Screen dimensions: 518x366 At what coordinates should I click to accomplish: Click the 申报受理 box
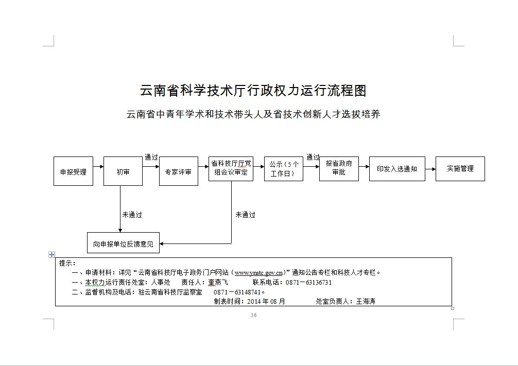73,171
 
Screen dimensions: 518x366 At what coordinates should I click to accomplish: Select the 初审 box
123,171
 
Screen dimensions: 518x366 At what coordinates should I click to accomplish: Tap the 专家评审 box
178,171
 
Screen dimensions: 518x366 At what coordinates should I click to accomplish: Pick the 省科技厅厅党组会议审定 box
231,169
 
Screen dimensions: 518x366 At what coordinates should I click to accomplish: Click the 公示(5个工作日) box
283,169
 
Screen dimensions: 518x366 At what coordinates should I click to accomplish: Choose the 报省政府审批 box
339,169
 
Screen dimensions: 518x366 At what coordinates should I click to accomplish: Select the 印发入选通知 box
397,169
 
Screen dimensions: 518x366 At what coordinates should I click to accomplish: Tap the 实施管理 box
460,169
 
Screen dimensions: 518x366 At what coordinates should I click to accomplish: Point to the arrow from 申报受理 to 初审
98,166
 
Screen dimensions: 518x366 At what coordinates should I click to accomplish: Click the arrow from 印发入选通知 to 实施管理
430,169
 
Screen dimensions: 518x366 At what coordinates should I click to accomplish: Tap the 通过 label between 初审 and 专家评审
151,157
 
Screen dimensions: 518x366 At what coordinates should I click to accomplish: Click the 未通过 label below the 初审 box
132,215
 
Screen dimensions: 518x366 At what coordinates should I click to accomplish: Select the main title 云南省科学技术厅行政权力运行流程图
253,91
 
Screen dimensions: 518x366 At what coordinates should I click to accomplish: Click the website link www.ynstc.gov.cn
258,273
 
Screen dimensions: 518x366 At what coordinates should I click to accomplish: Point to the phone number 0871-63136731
308,283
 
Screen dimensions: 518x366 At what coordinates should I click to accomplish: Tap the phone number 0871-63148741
237,292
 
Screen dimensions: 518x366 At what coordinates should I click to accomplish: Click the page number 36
254,315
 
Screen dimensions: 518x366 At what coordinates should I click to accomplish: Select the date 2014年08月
266,301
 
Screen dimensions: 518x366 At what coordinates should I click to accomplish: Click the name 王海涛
366,301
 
